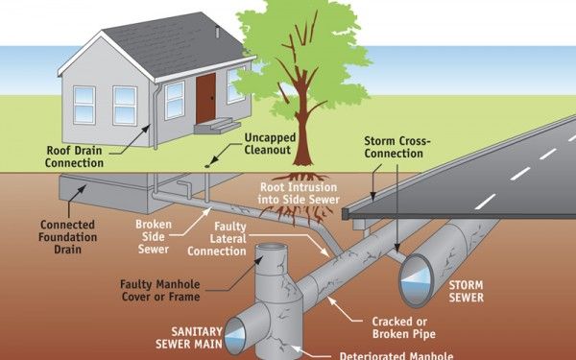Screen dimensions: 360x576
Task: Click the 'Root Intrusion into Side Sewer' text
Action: tap(299, 193)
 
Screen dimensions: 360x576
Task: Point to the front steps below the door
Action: tap(223, 126)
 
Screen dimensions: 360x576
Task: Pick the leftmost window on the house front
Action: tap(84, 104)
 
